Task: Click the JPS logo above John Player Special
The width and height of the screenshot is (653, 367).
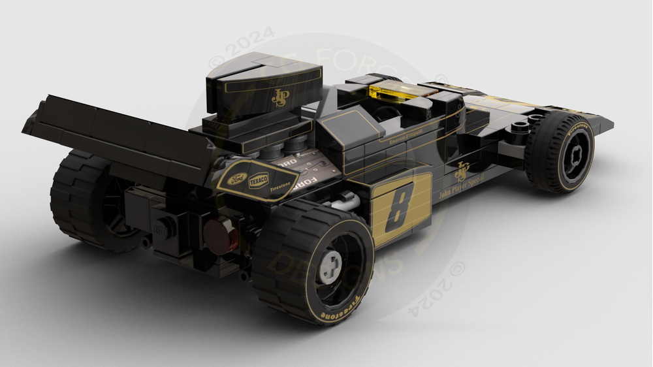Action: coord(462,171)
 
